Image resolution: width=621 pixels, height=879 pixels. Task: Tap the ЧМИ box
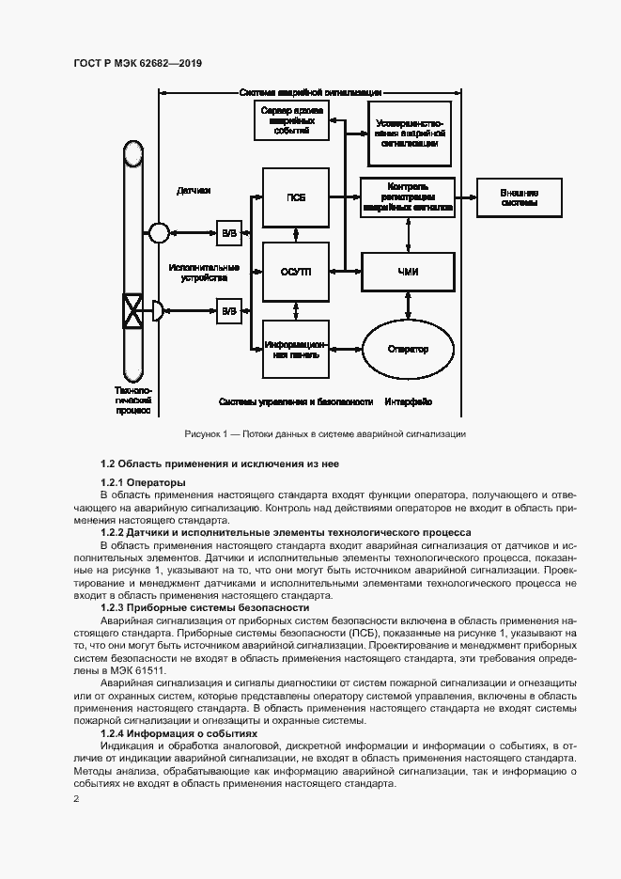[408, 272]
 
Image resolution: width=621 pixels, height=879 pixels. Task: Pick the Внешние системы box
[519, 197]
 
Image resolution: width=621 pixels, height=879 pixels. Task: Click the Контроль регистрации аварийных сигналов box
[408, 197]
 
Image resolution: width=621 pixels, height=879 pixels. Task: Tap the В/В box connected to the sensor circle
[228, 232]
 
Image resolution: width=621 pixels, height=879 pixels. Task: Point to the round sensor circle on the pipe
[158, 232]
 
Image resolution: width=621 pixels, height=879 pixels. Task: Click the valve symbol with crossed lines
[133, 309]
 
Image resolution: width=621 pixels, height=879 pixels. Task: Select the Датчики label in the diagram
[194, 191]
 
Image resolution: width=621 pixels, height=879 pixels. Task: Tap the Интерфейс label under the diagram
[408, 401]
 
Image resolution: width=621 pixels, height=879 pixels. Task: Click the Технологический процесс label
[132, 400]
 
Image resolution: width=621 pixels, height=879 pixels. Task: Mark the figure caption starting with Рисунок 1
[325, 433]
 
